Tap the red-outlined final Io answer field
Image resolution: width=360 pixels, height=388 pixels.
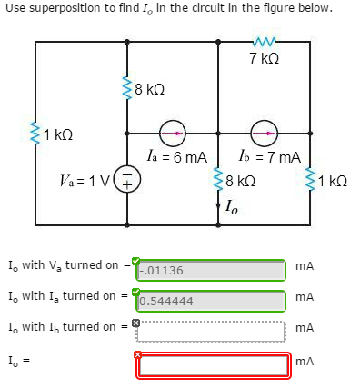tap(214, 364)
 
